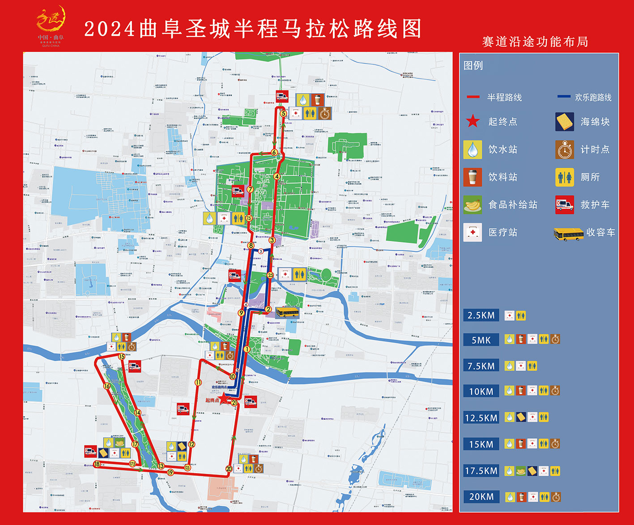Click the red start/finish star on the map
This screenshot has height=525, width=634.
223,397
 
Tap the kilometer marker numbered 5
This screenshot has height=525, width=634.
283,113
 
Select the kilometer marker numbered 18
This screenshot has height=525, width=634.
97,464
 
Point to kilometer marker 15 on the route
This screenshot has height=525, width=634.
122,357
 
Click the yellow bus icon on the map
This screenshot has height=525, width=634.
287,312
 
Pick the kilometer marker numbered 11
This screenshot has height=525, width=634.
198,382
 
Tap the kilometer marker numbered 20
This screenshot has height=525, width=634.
229,469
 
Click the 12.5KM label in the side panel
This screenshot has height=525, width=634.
481,418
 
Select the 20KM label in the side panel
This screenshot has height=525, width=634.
481,497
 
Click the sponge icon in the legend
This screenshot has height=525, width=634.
565,122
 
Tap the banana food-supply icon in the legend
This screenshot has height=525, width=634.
472,205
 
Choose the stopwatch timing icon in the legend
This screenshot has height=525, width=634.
565,149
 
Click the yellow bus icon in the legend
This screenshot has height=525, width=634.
568,233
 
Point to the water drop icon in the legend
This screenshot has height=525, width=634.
472,149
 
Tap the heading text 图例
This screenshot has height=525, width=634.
473,65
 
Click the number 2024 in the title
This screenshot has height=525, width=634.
110,30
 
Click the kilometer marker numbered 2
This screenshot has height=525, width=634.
268,309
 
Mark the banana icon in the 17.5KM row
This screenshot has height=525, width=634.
521,471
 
